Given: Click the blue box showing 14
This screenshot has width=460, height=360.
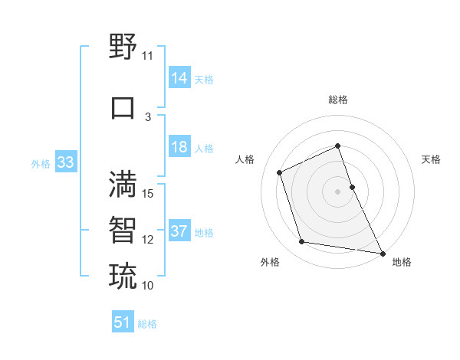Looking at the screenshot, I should [x=179, y=78].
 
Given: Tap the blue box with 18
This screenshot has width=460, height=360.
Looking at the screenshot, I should [x=179, y=148].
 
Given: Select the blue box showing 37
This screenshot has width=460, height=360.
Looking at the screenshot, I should [x=179, y=232].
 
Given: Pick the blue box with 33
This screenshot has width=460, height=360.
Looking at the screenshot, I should [x=65, y=163].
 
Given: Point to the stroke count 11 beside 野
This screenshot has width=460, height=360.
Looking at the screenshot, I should [x=147, y=56].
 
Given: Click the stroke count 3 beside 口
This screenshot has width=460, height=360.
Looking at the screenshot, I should [x=148, y=116].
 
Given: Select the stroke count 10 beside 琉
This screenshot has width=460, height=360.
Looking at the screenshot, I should [x=148, y=285].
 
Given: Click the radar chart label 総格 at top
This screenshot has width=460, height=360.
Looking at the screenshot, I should [x=337, y=100].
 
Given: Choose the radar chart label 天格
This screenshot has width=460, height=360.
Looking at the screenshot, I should [x=431, y=159].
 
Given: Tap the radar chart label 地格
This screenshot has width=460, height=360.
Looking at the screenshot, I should [x=402, y=262].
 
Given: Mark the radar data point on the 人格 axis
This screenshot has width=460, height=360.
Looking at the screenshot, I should [x=280, y=172].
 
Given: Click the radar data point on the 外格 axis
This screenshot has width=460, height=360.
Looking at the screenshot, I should [x=302, y=242].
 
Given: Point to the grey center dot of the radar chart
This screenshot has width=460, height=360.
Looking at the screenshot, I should [x=337, y=191].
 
